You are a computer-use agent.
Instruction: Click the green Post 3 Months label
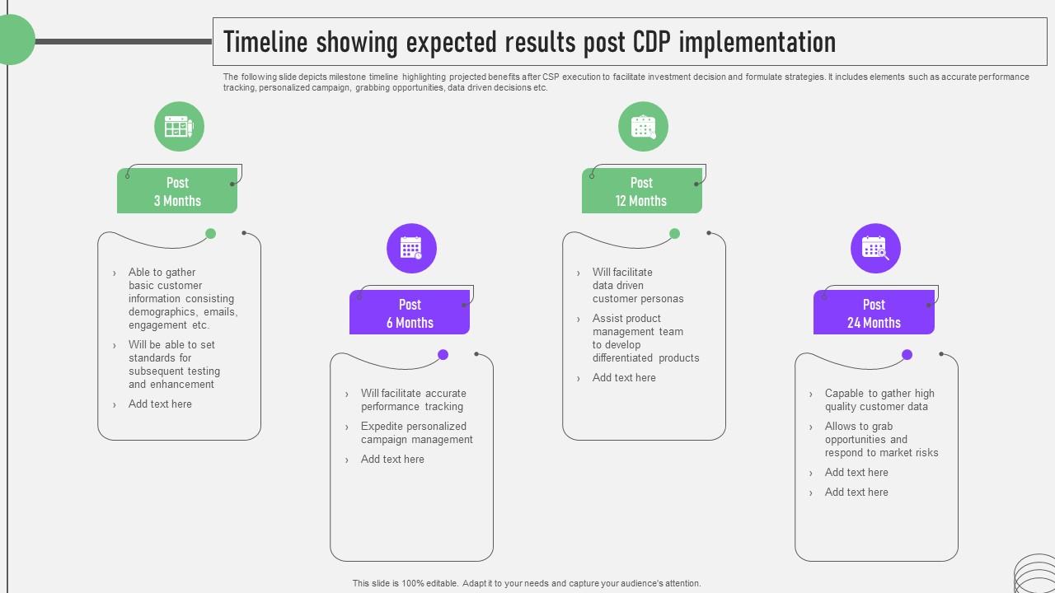[x=177, y=191]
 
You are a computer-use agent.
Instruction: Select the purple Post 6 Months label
[x=410, y=313]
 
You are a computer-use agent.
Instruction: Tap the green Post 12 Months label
[x=641, y=191]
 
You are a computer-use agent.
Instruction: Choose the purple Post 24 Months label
[x=874, y=313]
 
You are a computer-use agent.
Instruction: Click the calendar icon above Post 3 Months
[x=179, y=127]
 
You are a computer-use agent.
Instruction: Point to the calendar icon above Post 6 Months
[x=411, y=248]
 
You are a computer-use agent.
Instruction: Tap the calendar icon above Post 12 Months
[x=643, y=127]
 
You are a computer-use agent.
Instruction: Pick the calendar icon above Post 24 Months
[x=875, y=248]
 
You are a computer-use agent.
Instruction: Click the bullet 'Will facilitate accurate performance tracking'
[x=413, y=400]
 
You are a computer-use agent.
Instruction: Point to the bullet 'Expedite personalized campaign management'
[x=416, y=433]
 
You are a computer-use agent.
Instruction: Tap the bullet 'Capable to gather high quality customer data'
[x=879, y=400]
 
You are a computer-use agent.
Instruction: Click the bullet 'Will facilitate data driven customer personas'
[x=637, y=285]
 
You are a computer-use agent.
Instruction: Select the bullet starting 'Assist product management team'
[x=645, y=338]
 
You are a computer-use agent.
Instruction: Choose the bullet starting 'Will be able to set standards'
[x=173, y=364]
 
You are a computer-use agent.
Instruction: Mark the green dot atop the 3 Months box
[x=210, y=234]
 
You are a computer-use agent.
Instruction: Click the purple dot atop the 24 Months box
[x=907, y=355]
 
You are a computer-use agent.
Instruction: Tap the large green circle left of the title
[x=12, y=40]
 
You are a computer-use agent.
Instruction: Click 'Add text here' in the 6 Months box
[x=392, y=460]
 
